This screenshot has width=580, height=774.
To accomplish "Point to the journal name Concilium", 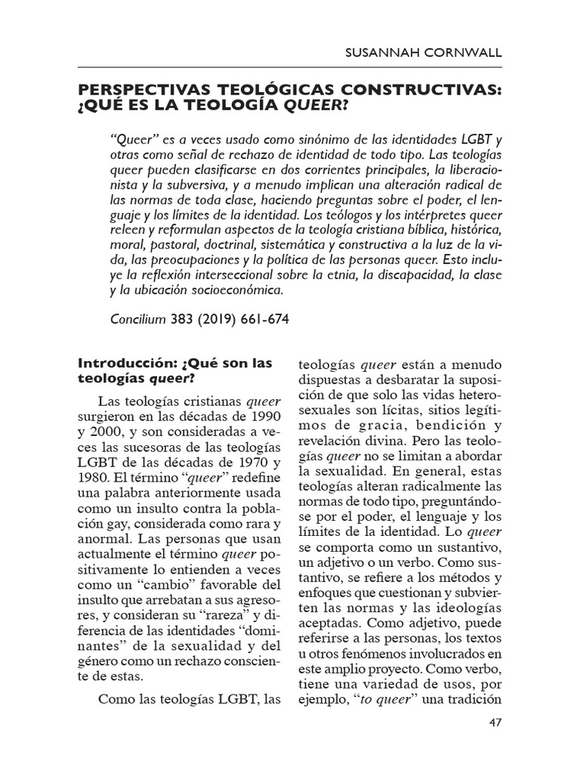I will click(x=137, y=319).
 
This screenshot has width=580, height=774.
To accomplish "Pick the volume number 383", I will click(x=183, y=319).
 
